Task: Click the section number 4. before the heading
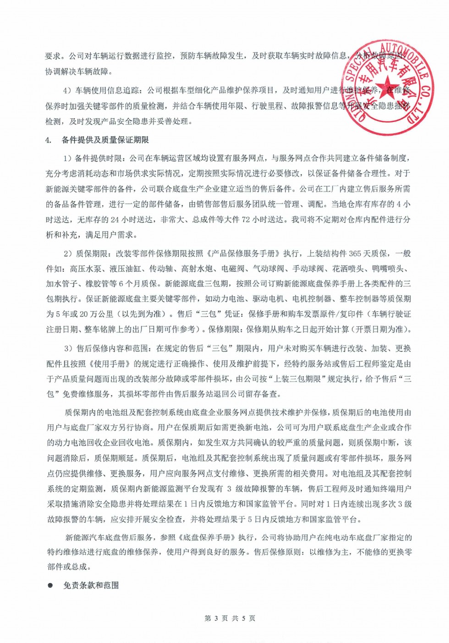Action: (48, 140)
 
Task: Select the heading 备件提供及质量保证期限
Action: (105, 140)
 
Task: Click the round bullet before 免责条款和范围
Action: (50, 585)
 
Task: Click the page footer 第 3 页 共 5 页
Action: (230, 618)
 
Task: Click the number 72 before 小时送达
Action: (246, 220)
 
